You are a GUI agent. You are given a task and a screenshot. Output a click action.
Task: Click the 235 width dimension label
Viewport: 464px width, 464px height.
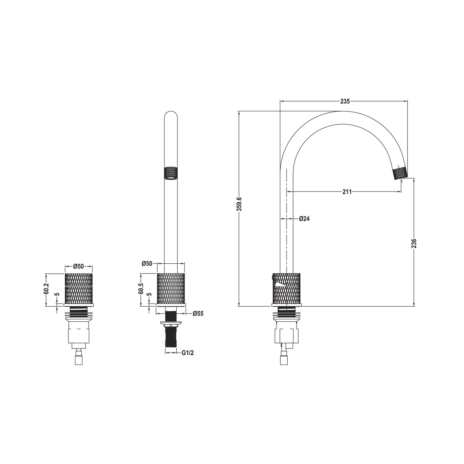345,101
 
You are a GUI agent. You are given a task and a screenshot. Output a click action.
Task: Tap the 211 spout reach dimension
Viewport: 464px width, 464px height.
347,192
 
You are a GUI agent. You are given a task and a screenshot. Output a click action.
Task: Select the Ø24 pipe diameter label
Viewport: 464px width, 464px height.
304,218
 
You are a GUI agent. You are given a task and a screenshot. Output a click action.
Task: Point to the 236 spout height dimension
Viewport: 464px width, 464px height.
414,243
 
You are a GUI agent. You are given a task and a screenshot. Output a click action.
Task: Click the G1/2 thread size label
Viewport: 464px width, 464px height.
188,360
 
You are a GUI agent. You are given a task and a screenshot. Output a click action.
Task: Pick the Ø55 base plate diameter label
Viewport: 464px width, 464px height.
198,313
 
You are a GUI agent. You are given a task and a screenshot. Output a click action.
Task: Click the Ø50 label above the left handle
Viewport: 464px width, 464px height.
78,266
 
